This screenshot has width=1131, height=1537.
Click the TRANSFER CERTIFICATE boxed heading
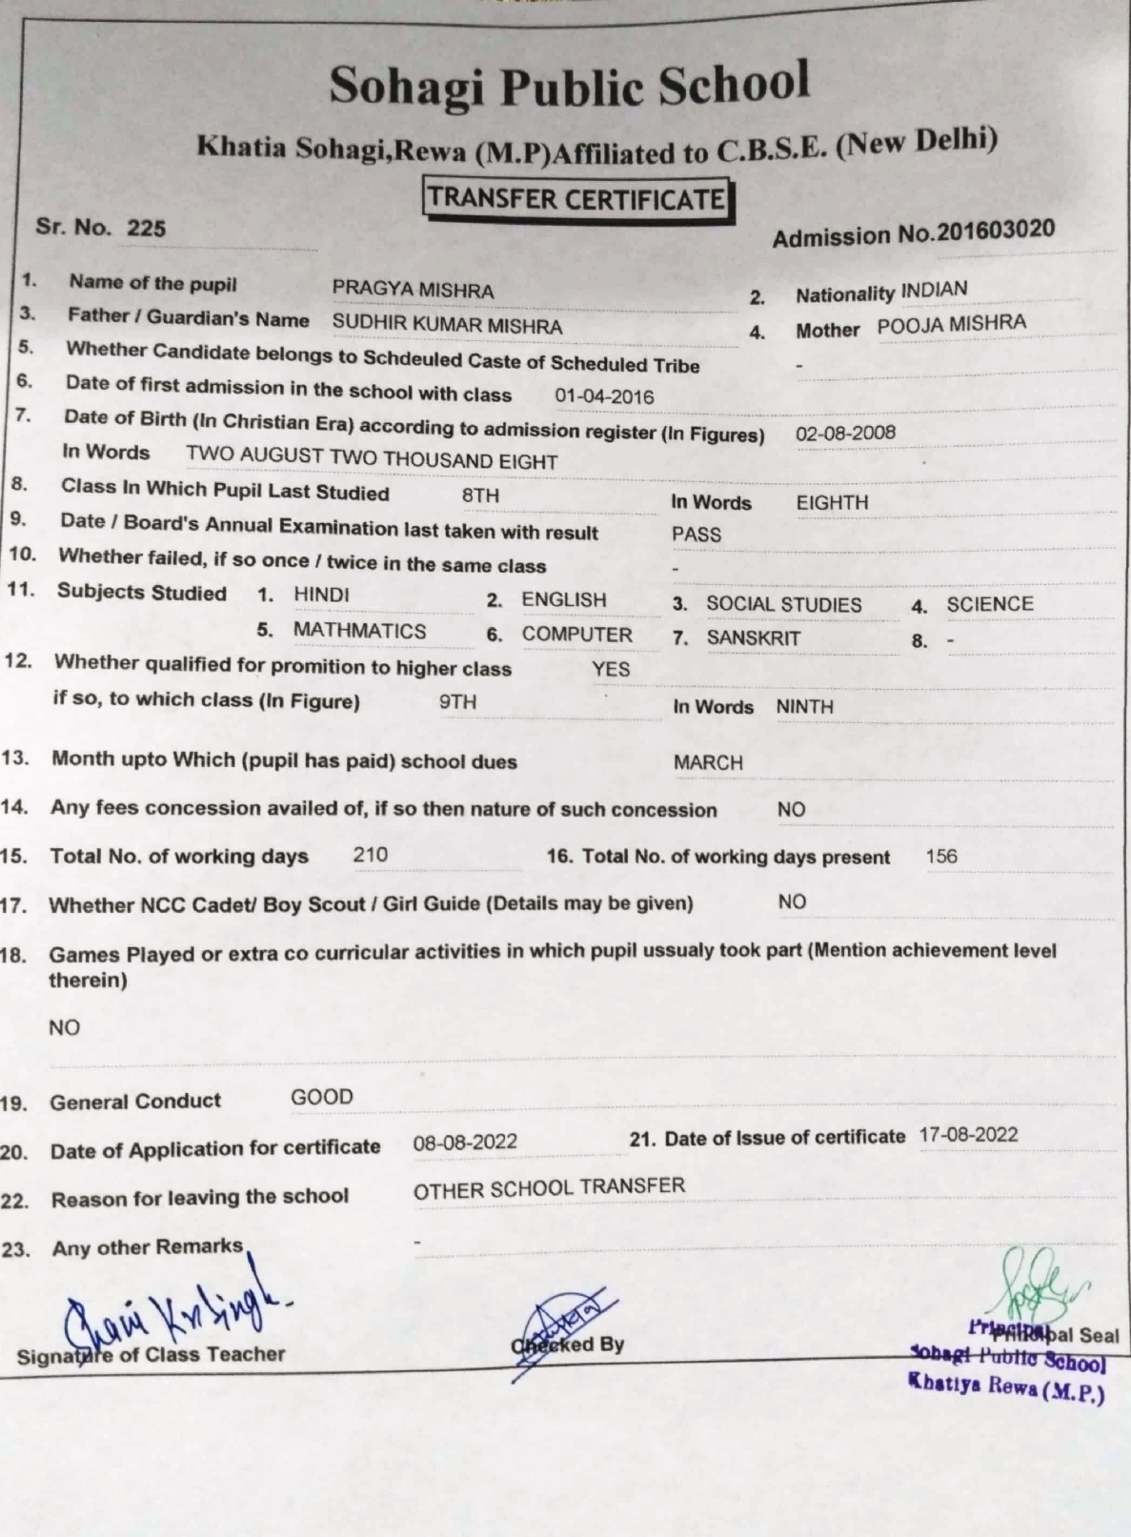tap(576, 199)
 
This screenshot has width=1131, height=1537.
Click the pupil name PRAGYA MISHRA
tap(413, 290)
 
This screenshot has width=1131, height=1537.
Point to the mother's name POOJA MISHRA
tap(951, 324)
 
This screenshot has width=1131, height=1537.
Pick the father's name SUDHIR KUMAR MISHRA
tap(447, 325)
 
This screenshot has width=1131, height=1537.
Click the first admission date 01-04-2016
tap(604, 396)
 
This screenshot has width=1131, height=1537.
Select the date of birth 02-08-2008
tap(845, 433)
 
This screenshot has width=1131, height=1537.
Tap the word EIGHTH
tap(832, 503)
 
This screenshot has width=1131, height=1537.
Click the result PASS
tap(696, 535)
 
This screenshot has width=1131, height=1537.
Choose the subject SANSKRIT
tap(753, 638)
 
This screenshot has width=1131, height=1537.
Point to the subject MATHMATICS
tap(359, 631)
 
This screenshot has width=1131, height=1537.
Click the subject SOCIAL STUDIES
tap(783, 605)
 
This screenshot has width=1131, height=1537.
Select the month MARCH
tap(708, 762)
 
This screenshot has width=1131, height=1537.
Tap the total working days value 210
tap(370, 855)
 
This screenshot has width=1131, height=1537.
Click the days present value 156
tap(940, 856)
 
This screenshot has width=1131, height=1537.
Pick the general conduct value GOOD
tap(321, 1097)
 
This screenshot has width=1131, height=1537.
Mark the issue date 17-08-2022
tap(968, 1135)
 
